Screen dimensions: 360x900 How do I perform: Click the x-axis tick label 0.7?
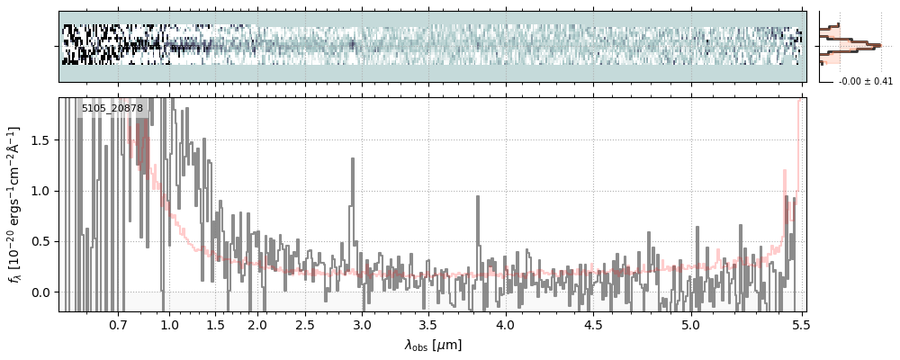tap(118, 325)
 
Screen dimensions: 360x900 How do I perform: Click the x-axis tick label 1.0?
tap(169, 325)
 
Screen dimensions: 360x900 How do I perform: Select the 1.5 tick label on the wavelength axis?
tap(216, 325)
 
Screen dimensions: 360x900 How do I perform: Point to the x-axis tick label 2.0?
tap(257, 325)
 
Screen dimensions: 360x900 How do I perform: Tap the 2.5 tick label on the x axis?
tap(305, 325)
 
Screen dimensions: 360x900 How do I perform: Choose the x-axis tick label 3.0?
tap(362, 325)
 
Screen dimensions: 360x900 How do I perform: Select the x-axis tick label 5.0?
tap(690, 325)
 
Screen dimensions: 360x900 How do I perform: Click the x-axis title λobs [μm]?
tap(432, 345)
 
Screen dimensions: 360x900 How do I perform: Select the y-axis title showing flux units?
tap(15, 204)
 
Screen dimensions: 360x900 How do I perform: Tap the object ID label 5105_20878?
tap(112, 109)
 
